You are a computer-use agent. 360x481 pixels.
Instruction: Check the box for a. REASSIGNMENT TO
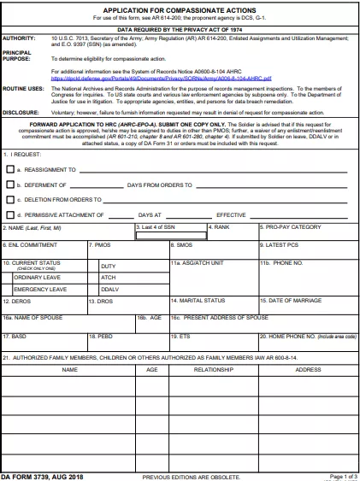pyautogui.click(x=10, y=170)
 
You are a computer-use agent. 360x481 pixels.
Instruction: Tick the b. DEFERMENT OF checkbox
pyautogui.click(x=10, y=185)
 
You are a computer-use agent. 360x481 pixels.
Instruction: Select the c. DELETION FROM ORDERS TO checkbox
pyautogui.click(x=10, y=200)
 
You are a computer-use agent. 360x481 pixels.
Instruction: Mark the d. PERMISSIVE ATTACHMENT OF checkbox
pyautogui.click(x=10, y=215)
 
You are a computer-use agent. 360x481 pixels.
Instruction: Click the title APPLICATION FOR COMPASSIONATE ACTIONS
pyautogui.click(x=179, y=7)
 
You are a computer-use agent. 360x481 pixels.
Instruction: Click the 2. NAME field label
pyautogui.click(x=25, y=228)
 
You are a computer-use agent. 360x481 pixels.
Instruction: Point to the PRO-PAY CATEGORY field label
pyautogui.click(x=295, y=228)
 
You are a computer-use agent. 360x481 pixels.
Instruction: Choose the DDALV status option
pyautogui.click(x=109, y=289)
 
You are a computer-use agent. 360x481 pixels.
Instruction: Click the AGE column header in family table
pyautogui.click(x=152, y=370)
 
